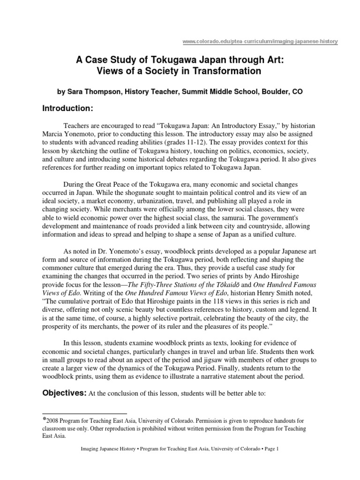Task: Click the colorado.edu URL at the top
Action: (x=259, y=42)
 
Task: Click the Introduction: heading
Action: (x=69, y=109)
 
